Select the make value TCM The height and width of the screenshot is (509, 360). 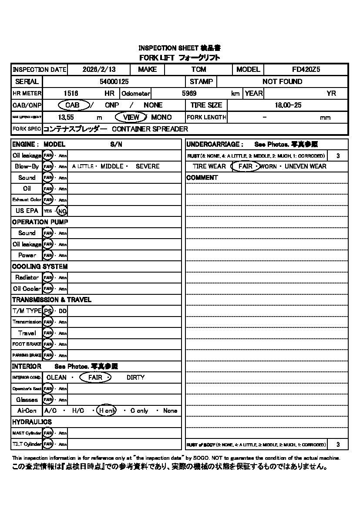tap(199, 69)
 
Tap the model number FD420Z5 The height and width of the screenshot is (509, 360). tap(306, 69)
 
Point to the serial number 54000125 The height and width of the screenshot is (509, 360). tap(114, 81)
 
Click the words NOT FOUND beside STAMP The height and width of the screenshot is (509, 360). tap(282, 81)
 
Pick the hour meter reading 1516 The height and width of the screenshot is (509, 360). tap(71, 93)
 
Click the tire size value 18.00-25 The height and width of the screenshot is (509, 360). tap(288, 105)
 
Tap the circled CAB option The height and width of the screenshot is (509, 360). tap(73, 105)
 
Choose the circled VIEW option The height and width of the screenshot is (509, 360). tap(131, 117)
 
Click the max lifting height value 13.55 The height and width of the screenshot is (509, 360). tap(66, 117)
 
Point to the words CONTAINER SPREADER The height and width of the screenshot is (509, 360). tap(150, 129)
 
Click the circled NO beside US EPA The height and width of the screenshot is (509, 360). tap(62, 211)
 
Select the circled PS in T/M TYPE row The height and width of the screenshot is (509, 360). tap(48, 311)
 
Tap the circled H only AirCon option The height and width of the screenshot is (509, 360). tap(107, 411)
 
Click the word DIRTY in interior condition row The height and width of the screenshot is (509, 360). tap(135, 378)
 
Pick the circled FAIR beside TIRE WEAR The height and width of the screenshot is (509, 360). tap(245, 166)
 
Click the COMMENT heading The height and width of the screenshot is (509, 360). tap(202, 178)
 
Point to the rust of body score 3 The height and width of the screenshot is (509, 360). tap(338, 445)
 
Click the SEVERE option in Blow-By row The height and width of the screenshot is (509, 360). tap(148, 166)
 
